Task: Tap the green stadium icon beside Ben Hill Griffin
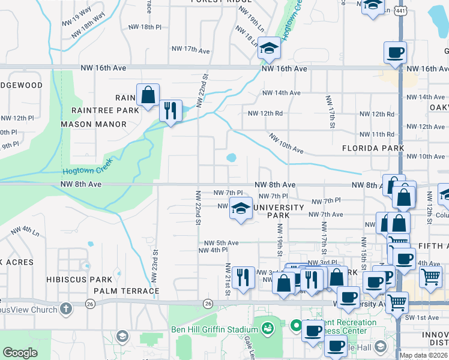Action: click(268, 328)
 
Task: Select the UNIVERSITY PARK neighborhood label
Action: click(279, 211)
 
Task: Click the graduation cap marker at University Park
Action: click(241, 208)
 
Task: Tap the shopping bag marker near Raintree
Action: click(148, 95)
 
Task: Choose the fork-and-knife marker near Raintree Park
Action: click(170, 110)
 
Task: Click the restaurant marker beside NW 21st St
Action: click(243, 277)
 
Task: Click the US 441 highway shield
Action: click(400, 10)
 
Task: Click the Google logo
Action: click(20, 353)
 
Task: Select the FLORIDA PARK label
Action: click(372, 148)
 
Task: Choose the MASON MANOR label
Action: click(93, 124)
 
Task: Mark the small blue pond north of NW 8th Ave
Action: click(231, 158)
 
